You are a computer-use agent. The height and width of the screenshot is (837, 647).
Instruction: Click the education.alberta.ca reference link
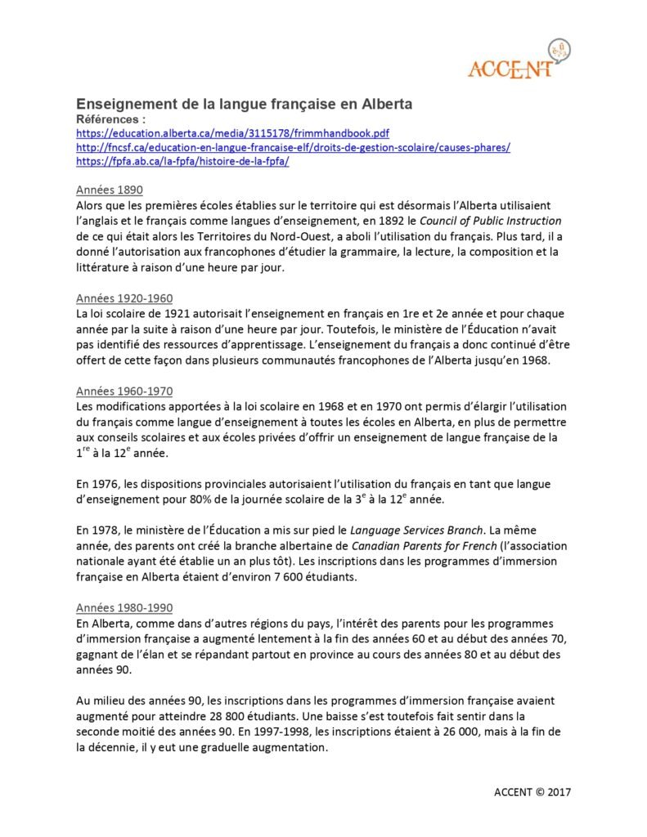pos(243,132)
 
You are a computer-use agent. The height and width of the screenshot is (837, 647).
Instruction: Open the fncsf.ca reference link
pos(293,147)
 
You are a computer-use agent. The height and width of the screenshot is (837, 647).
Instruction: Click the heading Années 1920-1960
pos(124,298)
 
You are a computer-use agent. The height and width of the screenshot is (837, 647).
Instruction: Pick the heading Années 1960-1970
pos(124,392)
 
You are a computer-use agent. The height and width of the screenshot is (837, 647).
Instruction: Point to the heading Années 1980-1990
pos(124,608)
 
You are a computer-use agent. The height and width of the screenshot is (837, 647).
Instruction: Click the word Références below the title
pos(108,119)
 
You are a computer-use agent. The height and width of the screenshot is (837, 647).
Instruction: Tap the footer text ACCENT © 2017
pos(532,792)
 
